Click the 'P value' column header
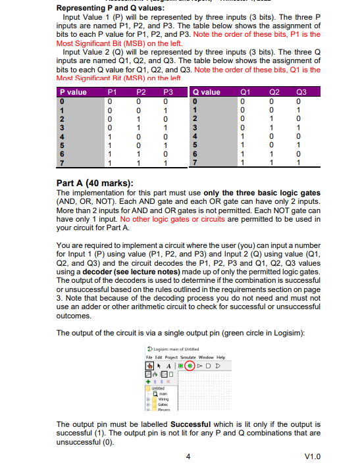(x=73, y=93)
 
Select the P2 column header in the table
(x=140, y=93)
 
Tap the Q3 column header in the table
(x=302, y=93)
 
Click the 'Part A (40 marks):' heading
(x=95, y=182)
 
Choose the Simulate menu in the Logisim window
(x=192, y=357)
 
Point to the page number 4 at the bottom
(x=189, y=456)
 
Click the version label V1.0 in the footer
(x=313, y=456)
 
